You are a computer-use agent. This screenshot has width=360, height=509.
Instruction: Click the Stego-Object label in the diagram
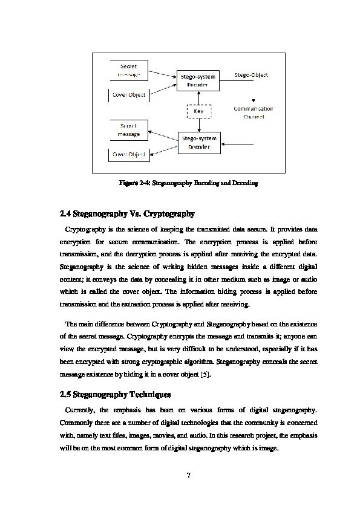click(251, 75)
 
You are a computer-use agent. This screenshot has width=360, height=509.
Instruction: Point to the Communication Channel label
click(254, 112)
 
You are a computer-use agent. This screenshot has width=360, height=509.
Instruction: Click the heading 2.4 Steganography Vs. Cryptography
click(127, 213)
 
